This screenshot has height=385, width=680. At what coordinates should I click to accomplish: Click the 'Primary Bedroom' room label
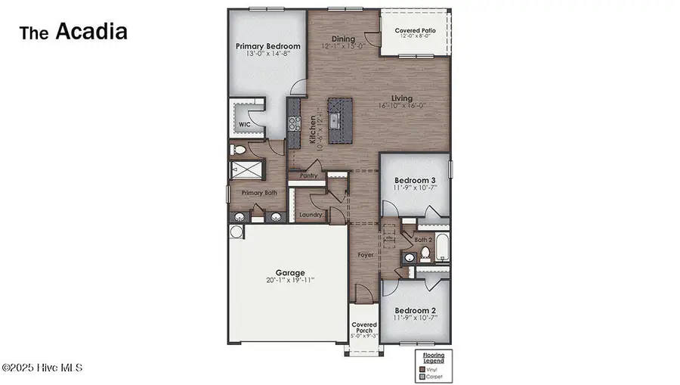point(267,46)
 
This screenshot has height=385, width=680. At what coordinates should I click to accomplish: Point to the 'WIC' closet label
point(245,124)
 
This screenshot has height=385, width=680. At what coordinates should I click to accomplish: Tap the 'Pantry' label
point(308,175)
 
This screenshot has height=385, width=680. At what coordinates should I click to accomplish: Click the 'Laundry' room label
point(311,215)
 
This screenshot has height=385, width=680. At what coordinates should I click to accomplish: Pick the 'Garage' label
point(289,272)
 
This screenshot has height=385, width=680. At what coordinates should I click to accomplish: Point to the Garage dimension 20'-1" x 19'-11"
point(289,281)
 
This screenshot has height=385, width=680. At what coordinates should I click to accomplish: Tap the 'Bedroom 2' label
point(413,310)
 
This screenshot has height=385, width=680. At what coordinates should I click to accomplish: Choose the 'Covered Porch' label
point(364,328)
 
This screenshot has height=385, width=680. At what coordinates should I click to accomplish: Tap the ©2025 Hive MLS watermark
point(42,368)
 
